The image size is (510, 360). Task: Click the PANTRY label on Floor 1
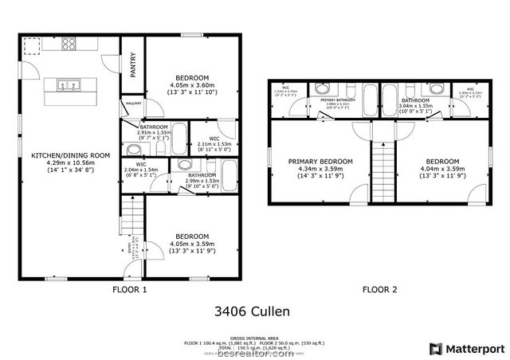(x=134, y=65)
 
